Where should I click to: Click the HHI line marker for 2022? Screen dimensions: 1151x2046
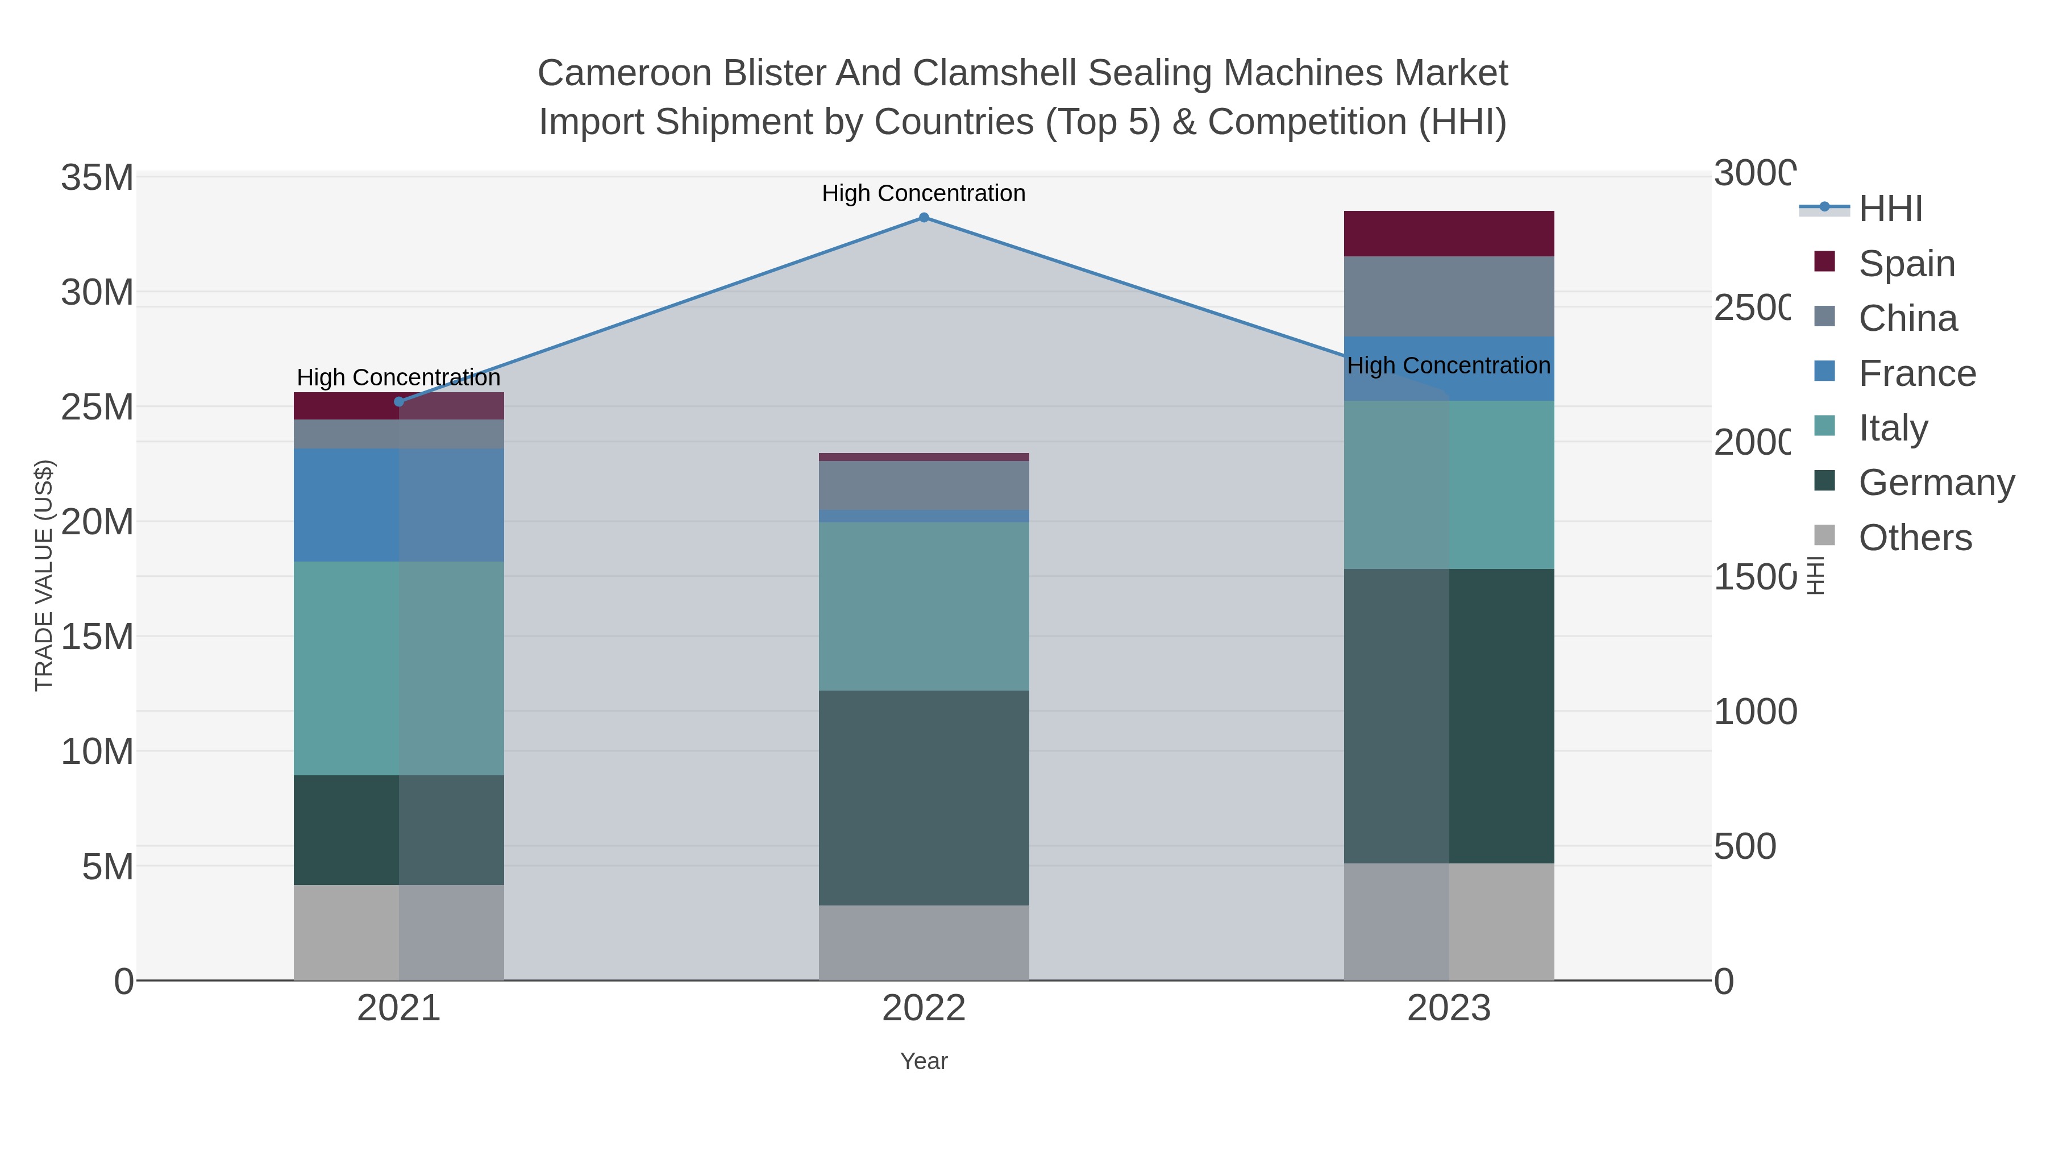924,218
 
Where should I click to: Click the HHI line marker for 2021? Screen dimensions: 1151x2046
399,402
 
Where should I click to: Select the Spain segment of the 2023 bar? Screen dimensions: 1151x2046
1449,234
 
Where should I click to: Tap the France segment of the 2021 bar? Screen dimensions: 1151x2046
399,505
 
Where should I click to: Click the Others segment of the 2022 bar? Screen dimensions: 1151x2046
924,943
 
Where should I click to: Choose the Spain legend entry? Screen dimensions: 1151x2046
1906,264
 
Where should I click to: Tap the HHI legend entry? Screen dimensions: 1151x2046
1890,209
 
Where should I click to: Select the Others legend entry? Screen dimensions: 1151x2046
1914,538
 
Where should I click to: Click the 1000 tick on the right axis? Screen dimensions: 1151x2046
1754,712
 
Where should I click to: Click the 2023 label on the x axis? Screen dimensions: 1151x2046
1449,1009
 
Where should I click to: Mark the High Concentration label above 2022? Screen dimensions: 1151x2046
924,193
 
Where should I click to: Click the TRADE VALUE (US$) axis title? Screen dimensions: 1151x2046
44,575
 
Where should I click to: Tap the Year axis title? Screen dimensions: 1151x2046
924,1061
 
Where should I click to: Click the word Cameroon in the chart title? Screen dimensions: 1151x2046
623,73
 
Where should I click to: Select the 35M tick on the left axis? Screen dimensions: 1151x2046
97,178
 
